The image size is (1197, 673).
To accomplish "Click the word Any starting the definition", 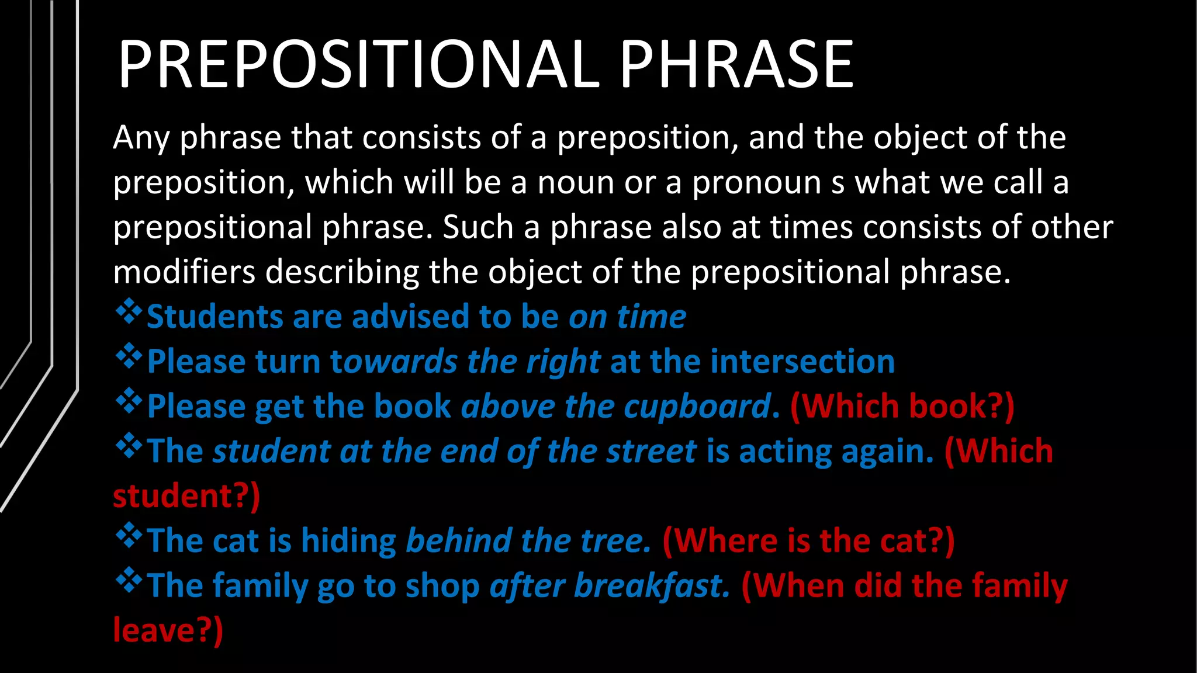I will (x=141, y=139).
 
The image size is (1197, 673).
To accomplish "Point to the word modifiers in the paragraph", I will (x=184, y=272).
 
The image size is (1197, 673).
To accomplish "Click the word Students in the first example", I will (x=214, y=317).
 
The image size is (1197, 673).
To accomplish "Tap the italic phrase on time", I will (x=627, y=317).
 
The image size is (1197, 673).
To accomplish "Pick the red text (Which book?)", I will (x=902, y=407).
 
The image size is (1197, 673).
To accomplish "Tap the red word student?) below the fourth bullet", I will (x=186, y=497).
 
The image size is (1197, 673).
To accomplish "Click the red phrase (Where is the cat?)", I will (x=808, y=541).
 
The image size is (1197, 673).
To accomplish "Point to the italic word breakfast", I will (x=652, y=586).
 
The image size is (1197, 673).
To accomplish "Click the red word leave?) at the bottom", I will (x=168, y=631).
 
